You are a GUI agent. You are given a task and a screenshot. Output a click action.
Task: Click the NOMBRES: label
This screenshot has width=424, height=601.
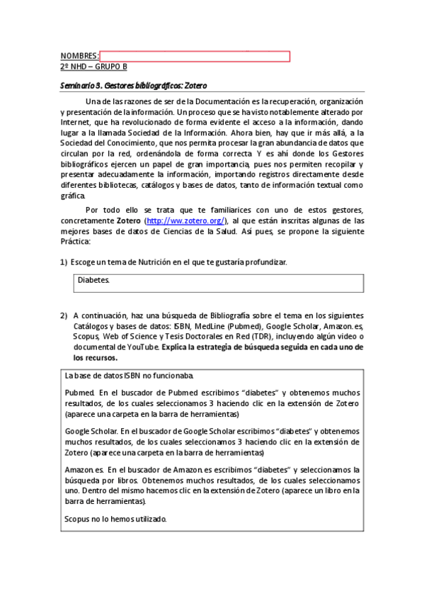pyautogui.click(x=79, y=57)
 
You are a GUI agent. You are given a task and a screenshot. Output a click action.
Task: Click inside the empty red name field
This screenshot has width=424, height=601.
pyautogui.click(x=195, y=57)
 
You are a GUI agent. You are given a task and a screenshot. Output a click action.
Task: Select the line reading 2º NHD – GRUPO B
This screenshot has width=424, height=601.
pyautogui.click(x=94, y=67)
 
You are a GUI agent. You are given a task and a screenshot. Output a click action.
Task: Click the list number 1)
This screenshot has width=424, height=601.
pyautogui.click(x=64, y=262)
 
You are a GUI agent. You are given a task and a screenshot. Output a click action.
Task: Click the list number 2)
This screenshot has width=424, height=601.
pyautogui.click(x=64, y=315)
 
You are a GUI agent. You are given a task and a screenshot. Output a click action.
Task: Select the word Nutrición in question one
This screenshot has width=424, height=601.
pyautogui.click(x=159, y=262)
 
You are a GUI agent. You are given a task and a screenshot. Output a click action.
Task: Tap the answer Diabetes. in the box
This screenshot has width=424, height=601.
pyautogui.click(x=93, y=281)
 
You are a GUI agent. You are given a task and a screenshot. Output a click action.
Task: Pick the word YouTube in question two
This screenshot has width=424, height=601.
pyautogui.click(x=139, y=348)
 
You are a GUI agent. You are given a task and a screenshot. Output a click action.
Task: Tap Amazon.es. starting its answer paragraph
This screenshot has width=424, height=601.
pyautogui.click(x=84, y=470)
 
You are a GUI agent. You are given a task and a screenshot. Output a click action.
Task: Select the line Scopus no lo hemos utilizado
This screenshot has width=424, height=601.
pyautogui.click(x=115, y=519)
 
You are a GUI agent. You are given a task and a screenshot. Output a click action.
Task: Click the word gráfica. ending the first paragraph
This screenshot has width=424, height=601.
pyautogui.click(x=74, y=196)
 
